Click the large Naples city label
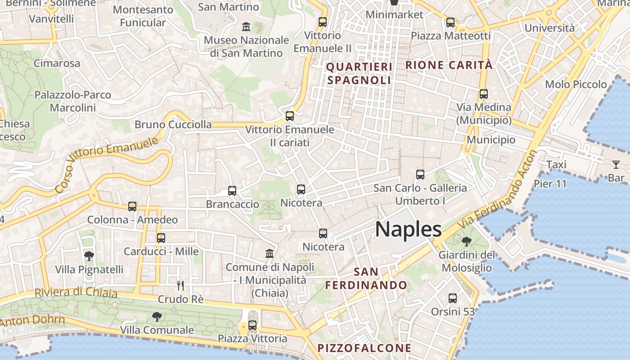click(x=408, y=229)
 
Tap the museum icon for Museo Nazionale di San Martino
click(x=246, y=27)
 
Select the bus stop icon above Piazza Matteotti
click(x=450, y=22)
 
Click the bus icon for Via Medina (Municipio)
click(x=484, y=94)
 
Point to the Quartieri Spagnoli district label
click(x=359, y=74)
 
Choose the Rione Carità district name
click(x=449, y=65)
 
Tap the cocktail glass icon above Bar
click(x=616, y=164)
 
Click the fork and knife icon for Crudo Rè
click(x=180, y=286)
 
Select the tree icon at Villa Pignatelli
click(x=89, y=256)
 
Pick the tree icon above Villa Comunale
click(x=157, y=317)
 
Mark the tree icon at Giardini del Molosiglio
click(x=467, y=242)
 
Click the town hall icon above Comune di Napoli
click(x=270, y=253)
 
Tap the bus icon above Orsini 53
click(x=453, y=298)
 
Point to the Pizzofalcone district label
click(x=364, y=348)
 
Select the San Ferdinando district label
click(x=366, y=279)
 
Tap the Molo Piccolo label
click(x=576, y=84)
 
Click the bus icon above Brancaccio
click(x=232, y=191)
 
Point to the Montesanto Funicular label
click(x=143, y=16)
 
